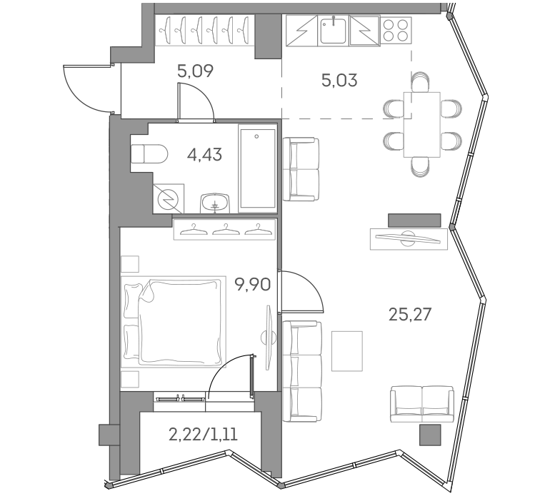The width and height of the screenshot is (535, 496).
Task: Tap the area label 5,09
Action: (195, 71)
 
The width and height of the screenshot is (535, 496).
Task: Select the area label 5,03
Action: (339, 80)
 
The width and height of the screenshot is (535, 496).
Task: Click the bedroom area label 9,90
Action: (252, 286)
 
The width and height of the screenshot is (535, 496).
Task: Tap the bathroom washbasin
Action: (214, 202)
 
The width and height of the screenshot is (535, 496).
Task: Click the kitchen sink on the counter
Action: (333, 31)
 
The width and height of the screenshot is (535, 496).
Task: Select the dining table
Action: (421, 124)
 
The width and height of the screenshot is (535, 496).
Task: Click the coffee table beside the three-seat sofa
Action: (347, 351)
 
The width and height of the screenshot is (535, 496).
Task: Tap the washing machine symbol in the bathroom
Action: (169, 198)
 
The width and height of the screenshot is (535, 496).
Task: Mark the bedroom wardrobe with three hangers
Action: (224, 228)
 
